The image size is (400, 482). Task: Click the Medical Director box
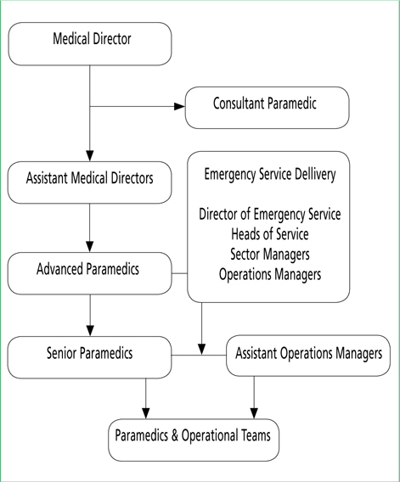(x=90, y=43)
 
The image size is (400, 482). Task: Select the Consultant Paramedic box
(x=267, y=108)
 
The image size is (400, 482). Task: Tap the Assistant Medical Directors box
(x=89, y=182)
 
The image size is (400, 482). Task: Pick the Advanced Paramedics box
(x=89, y=273)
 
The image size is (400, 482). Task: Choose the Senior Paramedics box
(x=89, y=357)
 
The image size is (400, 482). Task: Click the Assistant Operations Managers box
(x=308, y=356)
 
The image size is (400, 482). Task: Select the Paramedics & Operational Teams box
(x=194, y=440)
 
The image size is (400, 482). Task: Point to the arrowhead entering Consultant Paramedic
(x=180, y=106)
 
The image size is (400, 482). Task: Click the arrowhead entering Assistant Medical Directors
(x=89, y=156)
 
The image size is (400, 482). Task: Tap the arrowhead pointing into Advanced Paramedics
(x=89, y=247)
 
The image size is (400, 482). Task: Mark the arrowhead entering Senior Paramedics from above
(x=90, y=331)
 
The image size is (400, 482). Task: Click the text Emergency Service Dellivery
(x=270, y=174)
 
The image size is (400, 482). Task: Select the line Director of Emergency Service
(x=270, y=214)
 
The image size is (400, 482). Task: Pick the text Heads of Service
(x=270, y=234)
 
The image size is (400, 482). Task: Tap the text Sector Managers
(x=270, y=255)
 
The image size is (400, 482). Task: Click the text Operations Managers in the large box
(x=270, y=274)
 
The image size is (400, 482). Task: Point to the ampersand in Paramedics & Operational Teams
(x=175, y=435)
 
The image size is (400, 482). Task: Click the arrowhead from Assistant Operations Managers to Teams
(x=254, y=413)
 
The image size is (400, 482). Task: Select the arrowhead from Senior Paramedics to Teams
(x=145, y=413)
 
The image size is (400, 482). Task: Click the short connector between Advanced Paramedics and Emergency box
(x=179, y=273)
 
